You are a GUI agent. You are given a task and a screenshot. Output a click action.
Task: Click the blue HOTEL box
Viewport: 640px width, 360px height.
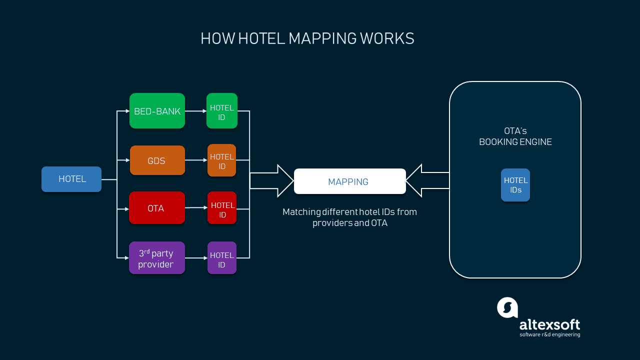click(x=71, y=179)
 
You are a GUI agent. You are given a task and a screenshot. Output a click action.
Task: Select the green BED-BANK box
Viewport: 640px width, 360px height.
click(x=157, y=111)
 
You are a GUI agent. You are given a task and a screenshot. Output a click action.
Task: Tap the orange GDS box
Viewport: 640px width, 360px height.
click(x=157, y=160)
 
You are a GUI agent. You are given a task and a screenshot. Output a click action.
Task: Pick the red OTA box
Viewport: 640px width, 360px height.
click(x=156, y=208)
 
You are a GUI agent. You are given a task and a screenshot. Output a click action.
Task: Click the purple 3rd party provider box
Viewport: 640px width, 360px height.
click(x=156, y=258)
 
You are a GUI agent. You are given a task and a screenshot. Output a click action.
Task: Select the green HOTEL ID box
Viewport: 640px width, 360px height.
click(x=221, y=111)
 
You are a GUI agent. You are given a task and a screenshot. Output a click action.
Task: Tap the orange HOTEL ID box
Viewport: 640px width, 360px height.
click(x=221, y=160)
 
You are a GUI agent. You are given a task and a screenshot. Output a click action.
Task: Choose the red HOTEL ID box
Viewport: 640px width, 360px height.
click(x=222, y=208)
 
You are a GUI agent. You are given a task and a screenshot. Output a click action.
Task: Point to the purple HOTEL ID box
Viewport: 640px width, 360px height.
click(x=221, y=258)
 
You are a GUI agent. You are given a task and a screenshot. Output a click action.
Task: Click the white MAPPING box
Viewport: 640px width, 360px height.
click(x=349, y=181)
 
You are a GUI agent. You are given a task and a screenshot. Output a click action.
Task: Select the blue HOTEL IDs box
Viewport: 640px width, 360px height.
click(x=515, y=185)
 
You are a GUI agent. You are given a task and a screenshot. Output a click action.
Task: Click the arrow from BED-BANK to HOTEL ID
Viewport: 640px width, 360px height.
click(x=195, y=111)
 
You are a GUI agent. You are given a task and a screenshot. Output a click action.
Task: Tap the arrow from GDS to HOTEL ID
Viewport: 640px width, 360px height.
click(x=196, y=160)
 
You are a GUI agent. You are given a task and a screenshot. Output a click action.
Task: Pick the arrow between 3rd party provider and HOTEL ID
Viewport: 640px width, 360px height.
click(x=196, y=258)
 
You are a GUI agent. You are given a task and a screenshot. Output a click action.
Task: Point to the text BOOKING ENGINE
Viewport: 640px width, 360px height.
click(x=515, y=142)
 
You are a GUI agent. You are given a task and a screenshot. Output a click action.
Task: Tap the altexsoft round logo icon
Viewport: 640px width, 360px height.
click(x=507, y=307)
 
